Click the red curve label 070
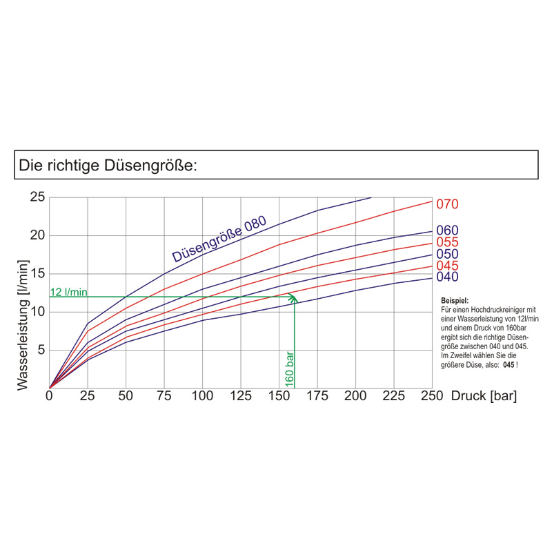447,204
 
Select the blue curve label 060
447,230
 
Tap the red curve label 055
447,242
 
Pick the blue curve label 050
447,254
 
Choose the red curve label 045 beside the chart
447,266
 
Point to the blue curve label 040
447,277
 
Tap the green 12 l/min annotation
69,292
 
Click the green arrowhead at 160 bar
294,299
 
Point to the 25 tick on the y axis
37,197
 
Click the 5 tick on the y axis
41,350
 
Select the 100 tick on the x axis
202,396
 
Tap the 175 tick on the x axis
317,396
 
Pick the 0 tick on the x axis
49,396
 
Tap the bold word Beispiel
454,302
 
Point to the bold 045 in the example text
510,364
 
